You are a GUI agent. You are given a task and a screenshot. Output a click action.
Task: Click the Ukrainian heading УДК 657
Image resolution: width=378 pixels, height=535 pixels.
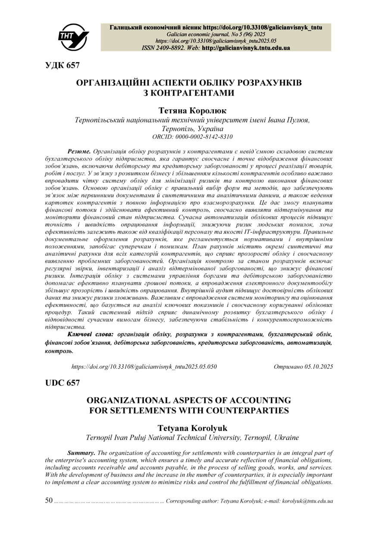[x=62, y=66]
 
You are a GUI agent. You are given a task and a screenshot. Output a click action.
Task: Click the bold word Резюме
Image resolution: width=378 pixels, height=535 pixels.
[x=79, y=151]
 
